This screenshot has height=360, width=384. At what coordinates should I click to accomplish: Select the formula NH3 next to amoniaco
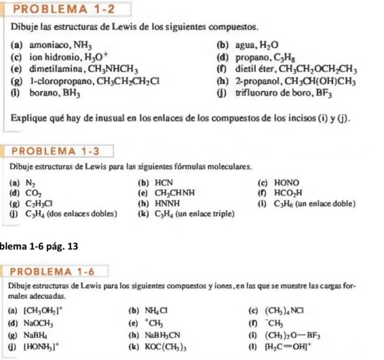click(x=79, y=44)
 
